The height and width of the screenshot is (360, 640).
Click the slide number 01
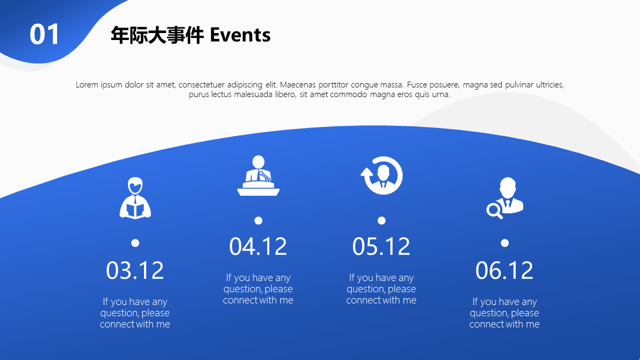click(x=44, y=35)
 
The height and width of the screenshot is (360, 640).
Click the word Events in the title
click(x=241, y=35)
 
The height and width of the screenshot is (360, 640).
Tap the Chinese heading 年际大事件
click(x=157, y=35)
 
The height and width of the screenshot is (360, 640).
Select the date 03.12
click(x=135, y=270)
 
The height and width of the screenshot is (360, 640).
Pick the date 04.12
click(x=258, y=246)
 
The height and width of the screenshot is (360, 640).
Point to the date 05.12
click(x=381, y=246)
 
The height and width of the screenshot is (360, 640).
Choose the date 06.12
click(x=505, y=270)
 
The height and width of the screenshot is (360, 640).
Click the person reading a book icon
click(x=135, y=198)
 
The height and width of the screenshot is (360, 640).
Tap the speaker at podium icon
click(x=258, y=175)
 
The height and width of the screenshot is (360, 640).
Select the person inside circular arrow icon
click(x=382, y=175)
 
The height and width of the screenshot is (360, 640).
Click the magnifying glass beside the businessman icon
click(x=494, y=211)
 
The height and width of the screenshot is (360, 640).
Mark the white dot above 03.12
click(x=135, y=243)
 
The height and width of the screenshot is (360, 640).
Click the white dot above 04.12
click(x=258, y=221)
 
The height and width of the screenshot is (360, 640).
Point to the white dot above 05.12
click(x=381, y=221)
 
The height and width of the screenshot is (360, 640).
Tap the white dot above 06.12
click(x=505, y=243)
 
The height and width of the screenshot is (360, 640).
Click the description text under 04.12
click(x=258, y=289)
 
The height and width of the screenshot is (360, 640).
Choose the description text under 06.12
click(x=505, y=313)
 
